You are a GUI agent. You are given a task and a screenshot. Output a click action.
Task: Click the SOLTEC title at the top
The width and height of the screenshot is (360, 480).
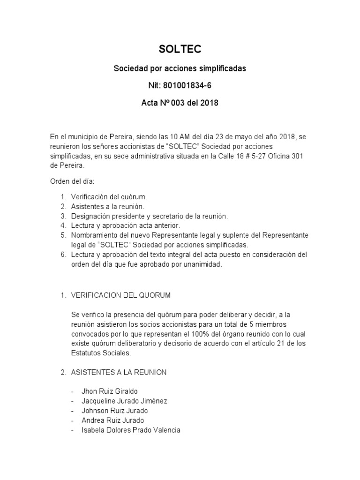point(180,49)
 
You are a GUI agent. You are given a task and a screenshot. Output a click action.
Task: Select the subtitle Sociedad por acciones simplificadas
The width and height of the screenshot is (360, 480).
point(180,68)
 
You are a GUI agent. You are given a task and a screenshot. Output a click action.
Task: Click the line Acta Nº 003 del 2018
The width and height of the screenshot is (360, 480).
point(180,103)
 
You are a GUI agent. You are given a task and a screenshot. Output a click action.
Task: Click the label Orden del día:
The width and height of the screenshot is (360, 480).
point(73,180)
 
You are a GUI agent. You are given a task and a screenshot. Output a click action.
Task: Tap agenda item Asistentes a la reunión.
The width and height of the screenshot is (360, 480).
point(108,206)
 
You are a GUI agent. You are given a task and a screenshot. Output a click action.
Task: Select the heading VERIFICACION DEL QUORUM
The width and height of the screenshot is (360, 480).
point(120,295)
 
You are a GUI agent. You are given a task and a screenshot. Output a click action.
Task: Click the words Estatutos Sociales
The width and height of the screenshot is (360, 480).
point(100,354)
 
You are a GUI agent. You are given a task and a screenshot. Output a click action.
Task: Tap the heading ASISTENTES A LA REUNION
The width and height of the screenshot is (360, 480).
point(119,372)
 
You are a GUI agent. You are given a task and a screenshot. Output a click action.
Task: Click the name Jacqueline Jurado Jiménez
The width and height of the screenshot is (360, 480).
point(124,401)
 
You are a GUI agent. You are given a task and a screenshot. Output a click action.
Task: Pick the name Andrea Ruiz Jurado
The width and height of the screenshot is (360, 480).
point(112,420)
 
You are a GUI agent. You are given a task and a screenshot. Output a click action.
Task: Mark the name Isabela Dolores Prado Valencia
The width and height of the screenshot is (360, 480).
point(131,430)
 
